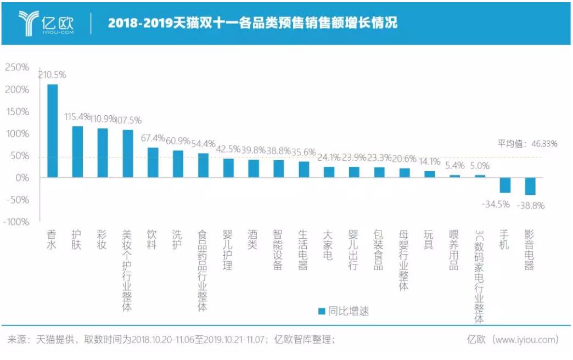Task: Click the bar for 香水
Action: (x=52, y=131)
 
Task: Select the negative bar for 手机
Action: (x=505, y=185)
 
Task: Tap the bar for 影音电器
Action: (x=530, y=186)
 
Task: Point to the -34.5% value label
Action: (x=496, y=204)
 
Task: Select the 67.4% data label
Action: (x=154, y=137)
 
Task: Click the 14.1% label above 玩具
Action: (x=429, y=162)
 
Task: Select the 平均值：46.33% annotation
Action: (x=527, y=144)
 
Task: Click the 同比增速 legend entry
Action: (x=343, y=311)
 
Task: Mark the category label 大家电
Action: (x=328, y=245)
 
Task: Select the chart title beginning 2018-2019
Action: (x=252, y=23)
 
